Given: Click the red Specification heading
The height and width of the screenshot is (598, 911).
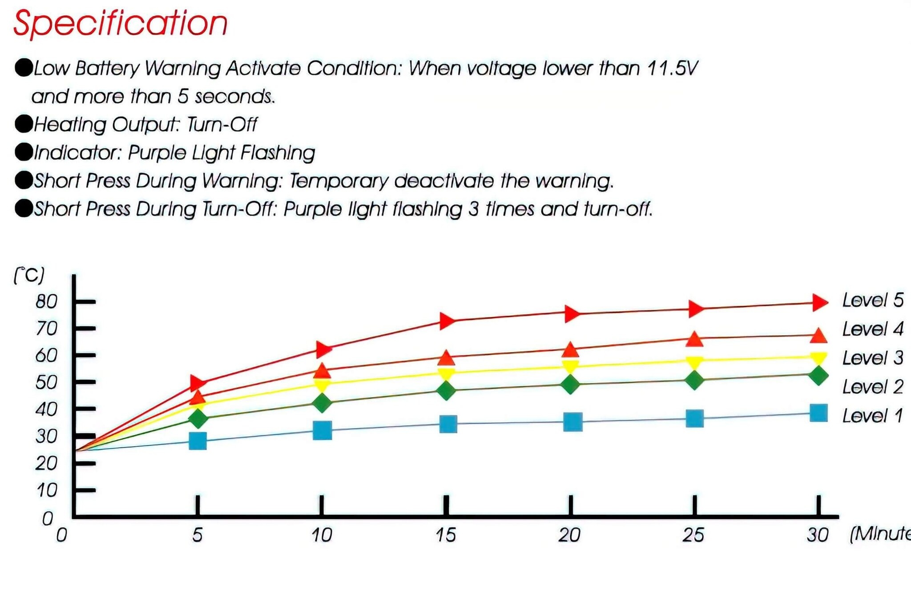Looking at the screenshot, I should point(120,23).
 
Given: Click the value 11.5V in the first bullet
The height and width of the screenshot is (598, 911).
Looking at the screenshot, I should point(672,68).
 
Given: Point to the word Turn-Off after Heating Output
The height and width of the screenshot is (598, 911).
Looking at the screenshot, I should point(222,124).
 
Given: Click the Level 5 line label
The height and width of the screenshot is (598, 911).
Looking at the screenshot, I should point(872,301).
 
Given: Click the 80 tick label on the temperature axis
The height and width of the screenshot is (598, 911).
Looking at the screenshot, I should point(46,302).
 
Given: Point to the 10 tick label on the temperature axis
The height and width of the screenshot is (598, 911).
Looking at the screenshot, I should point(47,490).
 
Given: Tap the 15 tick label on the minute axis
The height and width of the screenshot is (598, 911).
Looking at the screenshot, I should point(445,535).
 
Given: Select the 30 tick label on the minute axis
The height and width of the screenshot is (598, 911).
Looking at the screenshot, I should point(818,535).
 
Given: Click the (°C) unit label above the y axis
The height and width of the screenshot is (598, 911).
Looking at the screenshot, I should point(29,275).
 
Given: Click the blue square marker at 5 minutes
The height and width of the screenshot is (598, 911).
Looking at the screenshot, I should point(198,441).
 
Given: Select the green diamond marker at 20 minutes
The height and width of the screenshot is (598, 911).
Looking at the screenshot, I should point(570,384).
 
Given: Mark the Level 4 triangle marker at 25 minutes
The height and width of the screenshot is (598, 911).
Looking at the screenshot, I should point(694,339).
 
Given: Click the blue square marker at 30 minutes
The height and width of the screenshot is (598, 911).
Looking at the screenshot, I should point(818,413).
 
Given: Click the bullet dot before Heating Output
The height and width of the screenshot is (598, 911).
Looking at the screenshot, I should point(24,124).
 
